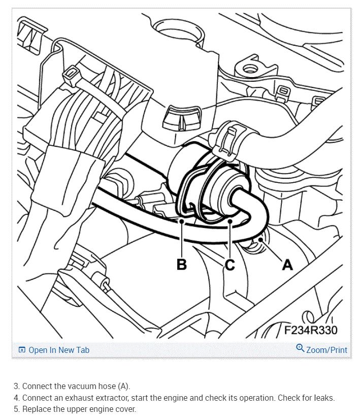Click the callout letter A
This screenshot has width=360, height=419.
pos(287,264)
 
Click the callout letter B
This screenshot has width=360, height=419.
pos(181,264)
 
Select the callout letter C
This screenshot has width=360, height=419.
pos(230,264)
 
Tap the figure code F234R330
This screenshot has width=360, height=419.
pos(310,330)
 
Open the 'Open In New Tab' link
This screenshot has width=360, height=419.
pos(59,350)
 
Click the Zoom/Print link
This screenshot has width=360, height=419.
pos(326,349)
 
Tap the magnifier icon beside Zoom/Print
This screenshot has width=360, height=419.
pos(300,348)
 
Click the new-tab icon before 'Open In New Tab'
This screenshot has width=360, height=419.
pos(22,350)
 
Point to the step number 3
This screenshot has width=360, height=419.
pos(16,386)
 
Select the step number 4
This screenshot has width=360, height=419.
pos(16,398)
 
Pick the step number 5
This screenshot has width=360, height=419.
pos(16,409)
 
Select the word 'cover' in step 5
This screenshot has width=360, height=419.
pos(125,409)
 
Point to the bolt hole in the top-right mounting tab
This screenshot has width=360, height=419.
pos(249,69)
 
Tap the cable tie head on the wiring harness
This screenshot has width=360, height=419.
pos(69,76)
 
